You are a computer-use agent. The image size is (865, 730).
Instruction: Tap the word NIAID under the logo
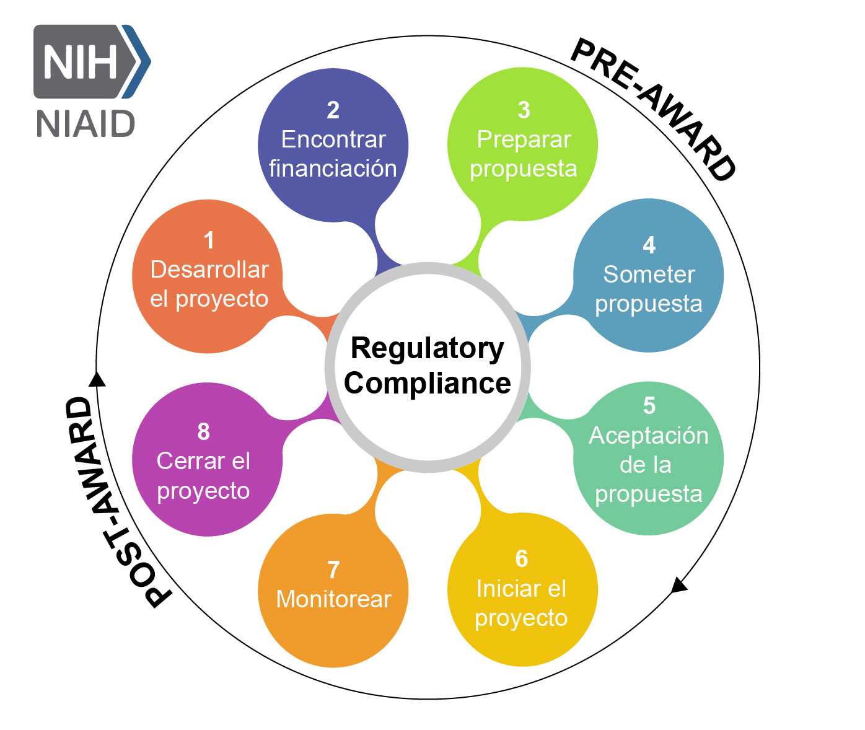86,124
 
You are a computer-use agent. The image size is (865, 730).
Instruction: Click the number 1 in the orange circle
209,240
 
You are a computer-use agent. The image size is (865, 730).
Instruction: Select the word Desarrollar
209,270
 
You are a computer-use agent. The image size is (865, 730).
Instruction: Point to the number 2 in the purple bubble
333,110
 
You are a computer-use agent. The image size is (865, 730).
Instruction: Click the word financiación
333,169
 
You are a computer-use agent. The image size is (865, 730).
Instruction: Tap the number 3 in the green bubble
524,110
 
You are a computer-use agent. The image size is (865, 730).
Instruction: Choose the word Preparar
524,139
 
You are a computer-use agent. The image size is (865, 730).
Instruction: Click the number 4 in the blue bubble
649,245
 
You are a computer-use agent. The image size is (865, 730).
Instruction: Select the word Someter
649,275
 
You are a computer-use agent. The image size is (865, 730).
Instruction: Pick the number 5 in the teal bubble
649,406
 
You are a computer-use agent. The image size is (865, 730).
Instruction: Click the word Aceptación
649,436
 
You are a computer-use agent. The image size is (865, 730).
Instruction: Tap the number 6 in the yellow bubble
522,559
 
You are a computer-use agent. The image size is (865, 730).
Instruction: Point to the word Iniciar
499,589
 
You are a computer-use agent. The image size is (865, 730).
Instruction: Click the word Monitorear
333,599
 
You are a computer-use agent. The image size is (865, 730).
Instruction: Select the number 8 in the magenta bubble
203,432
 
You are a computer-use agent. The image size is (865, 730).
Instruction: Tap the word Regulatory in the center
428,348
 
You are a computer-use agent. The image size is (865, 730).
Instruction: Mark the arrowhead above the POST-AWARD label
97,379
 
